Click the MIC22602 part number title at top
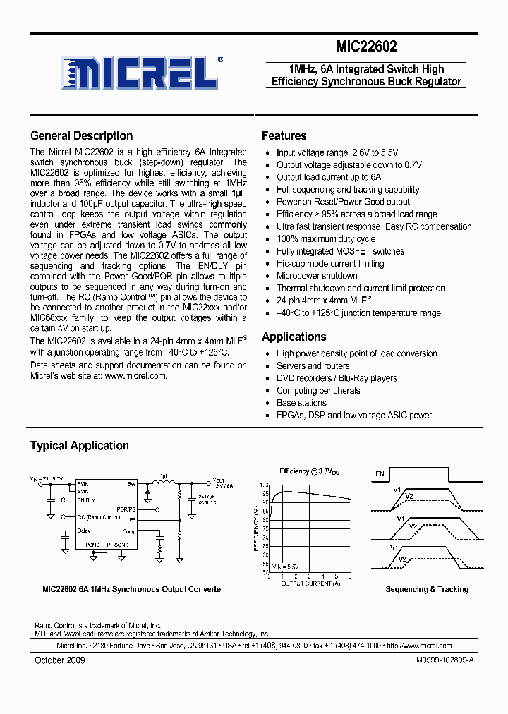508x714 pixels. [366, 47]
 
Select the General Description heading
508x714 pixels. [81, 136]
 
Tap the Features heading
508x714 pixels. [284, 136]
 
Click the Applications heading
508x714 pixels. [294, 337]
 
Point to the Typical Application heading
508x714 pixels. [79, 446]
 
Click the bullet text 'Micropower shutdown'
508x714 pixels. [316, 276]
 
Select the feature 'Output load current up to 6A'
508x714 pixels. [328, 177]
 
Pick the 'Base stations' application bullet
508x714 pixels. [301, 403]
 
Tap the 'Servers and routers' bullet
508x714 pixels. [313, 366]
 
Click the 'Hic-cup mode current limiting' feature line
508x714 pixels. [330, 264]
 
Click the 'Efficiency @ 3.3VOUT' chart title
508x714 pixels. [311, 471]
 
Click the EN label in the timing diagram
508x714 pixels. [380, 474]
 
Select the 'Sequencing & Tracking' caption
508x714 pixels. [427, 589]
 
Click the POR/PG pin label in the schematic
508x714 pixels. [126, 508]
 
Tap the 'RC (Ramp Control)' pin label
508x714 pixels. [99, 517]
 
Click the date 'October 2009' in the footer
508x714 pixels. [60, 660]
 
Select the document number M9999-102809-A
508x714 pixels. [440, 660]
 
